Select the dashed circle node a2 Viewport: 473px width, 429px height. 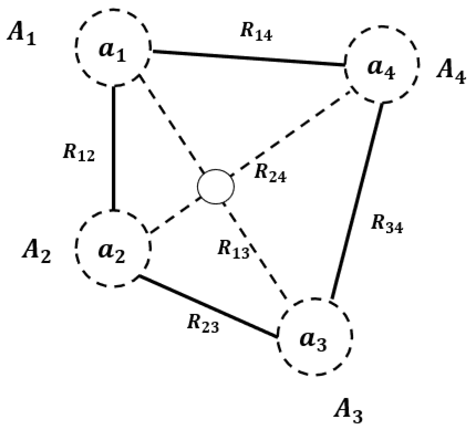click(x=113, y=249)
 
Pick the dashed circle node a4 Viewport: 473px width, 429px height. click(x=381, y=65)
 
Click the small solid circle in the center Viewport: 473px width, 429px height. click(x=216, y=187)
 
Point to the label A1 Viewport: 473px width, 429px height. click(x=22, y=35)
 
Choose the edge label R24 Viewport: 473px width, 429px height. click(x=270, y=173)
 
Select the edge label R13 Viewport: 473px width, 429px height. click(x=233, y=249)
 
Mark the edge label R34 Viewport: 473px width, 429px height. click(x=387, y=224)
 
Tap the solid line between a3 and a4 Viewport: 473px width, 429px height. click(x=357, y=202)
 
